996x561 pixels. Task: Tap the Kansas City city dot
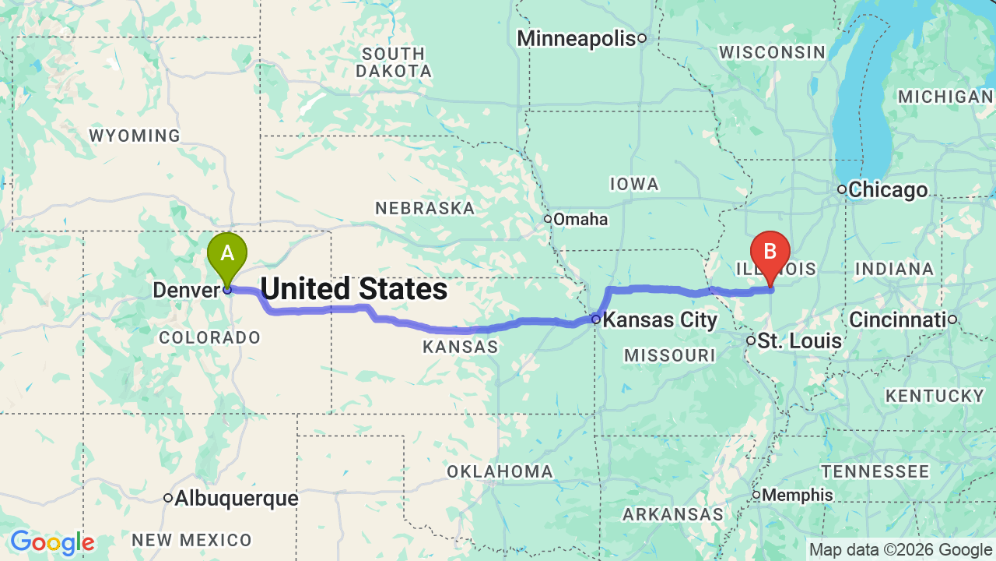(x=595, y=319)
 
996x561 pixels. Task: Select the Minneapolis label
(x=577, y=38)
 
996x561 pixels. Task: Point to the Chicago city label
(x=888, y=189)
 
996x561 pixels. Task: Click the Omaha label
(x=580, y=219)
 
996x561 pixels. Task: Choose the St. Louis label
(x=799, y=340)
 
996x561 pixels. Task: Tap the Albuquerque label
(x=236, y=498)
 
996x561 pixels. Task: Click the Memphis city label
(x=798, y=495)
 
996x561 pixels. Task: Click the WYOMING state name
(x=135, y=136)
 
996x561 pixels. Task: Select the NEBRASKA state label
(x=425, y=208)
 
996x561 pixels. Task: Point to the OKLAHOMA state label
(x=500, y=471)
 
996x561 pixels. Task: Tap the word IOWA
(x=634, y=184)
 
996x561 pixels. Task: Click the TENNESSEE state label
(x=875, y=471)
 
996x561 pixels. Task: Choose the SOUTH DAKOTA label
(x=394, y=62)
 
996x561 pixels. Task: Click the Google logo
(x=52, y=542)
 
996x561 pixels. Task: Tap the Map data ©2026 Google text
(x=900, y=550)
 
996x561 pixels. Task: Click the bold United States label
(x=354, y=289)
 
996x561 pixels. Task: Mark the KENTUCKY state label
(x=935, y=396)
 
